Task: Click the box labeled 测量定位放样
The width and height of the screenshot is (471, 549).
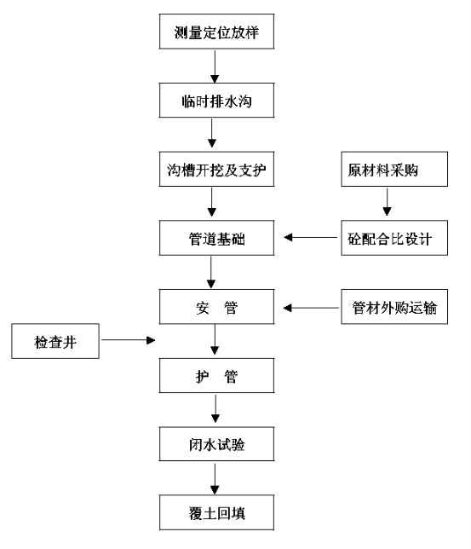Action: tap(216, 32)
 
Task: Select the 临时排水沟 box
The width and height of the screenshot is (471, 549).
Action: tap(216, 100)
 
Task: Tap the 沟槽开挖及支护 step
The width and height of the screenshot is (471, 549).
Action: tap(216, 169)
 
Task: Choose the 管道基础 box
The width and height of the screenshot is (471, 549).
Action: tap(216, 238)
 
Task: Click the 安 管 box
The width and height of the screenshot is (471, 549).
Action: tap(216, 307)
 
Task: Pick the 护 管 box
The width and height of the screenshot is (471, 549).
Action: tap(216, 375)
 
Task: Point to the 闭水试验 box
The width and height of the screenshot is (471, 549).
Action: tap(216, 443)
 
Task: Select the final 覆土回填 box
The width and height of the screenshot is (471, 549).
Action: tap(216, 512)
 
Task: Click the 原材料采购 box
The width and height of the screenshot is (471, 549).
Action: tap(394, 169)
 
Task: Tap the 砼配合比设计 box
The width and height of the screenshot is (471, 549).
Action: tap(394, 238)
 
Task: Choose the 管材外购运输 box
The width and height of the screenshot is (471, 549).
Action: tap(394, 307)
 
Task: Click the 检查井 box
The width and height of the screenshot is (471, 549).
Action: tap(55, 341)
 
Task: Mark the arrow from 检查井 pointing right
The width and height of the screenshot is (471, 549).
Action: tap(128, 340)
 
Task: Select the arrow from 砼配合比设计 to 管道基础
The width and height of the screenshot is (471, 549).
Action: tap(310, 237)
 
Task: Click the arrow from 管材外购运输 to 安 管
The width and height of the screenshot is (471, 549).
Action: tap(311, 308)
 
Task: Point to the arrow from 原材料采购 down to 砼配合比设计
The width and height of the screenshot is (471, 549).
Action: tap(387, 202)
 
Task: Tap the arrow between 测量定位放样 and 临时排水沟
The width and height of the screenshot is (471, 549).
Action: tap(215, 66)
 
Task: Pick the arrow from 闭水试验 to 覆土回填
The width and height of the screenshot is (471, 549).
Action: tap(215, 479)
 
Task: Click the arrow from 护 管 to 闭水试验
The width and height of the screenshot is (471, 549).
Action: tap(215, 408)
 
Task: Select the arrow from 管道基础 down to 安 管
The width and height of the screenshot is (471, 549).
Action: tap(211, 273)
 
